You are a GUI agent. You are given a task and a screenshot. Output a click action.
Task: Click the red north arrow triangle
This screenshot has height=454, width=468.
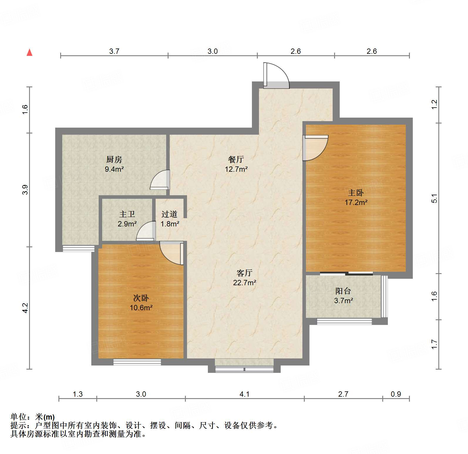pos(29,52)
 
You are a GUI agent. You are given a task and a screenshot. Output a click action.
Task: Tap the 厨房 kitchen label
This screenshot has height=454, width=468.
pos(114,160)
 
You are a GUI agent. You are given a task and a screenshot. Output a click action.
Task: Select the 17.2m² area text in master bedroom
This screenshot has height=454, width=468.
pos(356,202)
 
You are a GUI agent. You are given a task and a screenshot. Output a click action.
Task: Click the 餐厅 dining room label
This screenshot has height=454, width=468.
pos(236,159)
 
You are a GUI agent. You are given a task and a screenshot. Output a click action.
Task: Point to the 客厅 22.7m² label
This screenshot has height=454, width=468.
pos(244,278)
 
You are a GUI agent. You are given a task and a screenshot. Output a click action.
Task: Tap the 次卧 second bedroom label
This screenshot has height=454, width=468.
pos(141,298)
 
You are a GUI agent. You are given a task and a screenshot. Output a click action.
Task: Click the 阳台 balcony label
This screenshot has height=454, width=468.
pos(343,291)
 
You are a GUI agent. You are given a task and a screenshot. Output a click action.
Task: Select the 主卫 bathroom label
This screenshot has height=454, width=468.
pos(127,214)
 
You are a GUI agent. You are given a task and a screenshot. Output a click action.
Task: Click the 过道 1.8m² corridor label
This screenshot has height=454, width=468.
pos(169,219)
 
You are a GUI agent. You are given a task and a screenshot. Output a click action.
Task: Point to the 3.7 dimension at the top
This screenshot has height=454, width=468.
pos(114,51)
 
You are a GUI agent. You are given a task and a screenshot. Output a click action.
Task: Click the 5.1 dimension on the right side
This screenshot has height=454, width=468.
pos(435,198)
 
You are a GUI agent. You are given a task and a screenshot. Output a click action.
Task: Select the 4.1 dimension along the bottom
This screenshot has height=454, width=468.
pos(244,394)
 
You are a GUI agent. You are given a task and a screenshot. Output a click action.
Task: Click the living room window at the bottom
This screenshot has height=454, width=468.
pos(244,369)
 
